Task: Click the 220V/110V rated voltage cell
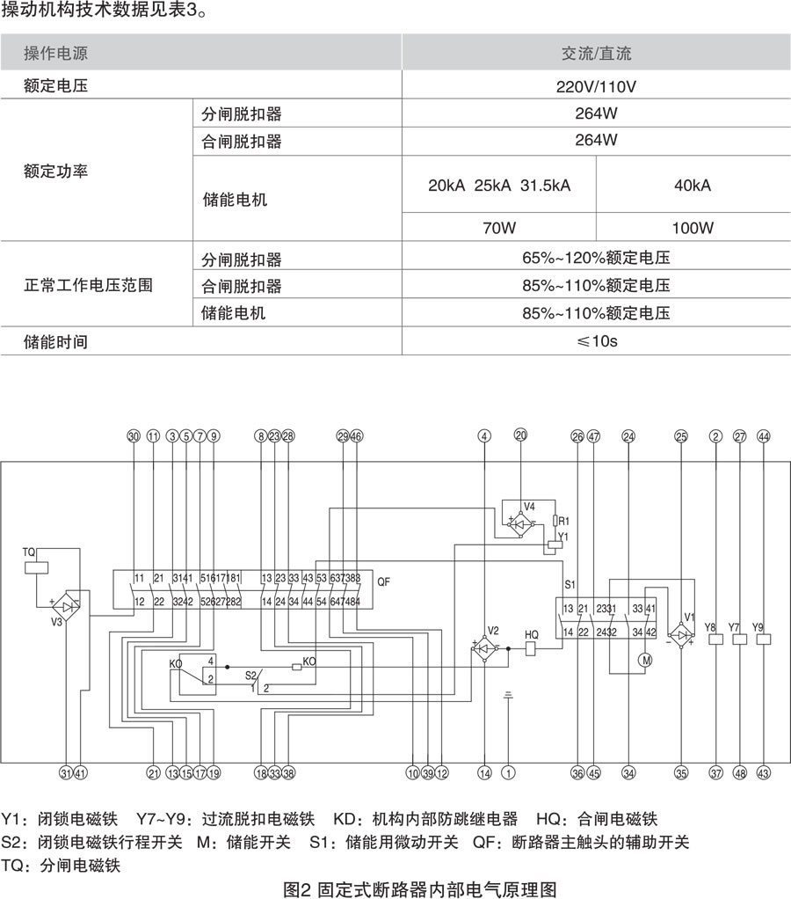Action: tap(596, 87)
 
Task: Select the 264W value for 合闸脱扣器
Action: tap(596, 141)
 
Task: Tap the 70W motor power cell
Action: tap(498, 228)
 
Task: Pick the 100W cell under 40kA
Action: tap(693, 228)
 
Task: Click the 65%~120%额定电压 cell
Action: tap(596, 259)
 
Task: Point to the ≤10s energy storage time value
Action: tap(596, 340)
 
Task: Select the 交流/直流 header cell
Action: tap(596, 54)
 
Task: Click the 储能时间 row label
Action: tap(56, 340)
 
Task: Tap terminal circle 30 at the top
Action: tap(134, 436)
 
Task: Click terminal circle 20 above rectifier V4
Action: tap(520, 435)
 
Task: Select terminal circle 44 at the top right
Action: tap(763, 436)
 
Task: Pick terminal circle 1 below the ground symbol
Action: tap(508, 773)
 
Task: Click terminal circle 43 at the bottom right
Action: tap(763, 773)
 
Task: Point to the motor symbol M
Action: tap(646, 658)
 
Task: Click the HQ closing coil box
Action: tap(531, 650)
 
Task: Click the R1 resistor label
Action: tap(564, 521)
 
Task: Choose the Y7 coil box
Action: tap(739, 640)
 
